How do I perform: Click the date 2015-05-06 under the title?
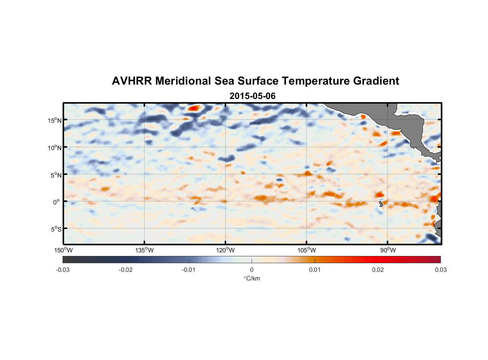click(x=252, y=96)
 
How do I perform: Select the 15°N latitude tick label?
click(x=55, y=120)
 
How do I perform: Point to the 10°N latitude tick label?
click(x=55, y=148)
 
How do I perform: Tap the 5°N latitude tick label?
click(x=56, y=175)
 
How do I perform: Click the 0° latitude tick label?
click(x=57, y=202)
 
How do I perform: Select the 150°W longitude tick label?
click(x=63, y=250)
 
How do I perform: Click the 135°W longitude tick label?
click(x=144, y=250)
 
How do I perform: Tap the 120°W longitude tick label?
click(x=225, y=250)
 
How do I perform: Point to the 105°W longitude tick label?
click(x=306, y=250)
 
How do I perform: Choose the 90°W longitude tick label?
click(x=388, y=250)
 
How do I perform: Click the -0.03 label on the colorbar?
click(x=63, y=270)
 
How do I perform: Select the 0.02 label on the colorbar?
click(x=378, y=270)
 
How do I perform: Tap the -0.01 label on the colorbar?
click(x=189, y=270)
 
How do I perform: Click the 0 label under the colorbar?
click(x=252, y=270)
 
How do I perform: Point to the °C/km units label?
click(x=252, y=278)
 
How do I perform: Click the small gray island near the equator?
click(x=381, y=204)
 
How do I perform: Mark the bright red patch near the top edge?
click(x=194, y=108)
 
